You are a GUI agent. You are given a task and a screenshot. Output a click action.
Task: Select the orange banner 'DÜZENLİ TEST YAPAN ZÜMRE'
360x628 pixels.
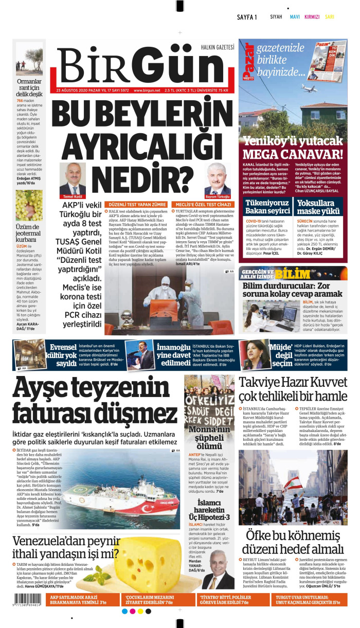point(135,204)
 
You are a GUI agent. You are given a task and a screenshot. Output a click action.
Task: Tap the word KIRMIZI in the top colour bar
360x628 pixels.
point(312,17)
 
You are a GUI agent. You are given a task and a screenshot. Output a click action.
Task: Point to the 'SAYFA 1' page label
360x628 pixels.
point(247,17)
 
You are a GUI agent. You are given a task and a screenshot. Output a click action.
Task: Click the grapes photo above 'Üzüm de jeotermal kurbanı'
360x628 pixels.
point(29,205)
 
